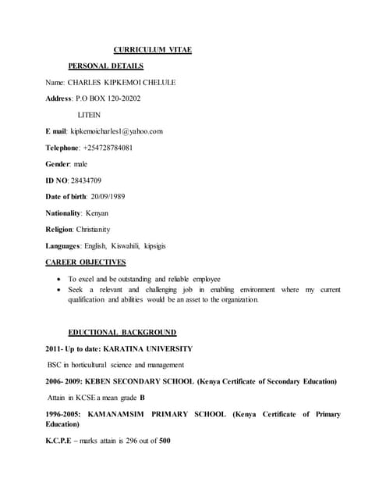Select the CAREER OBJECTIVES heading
(x=86, y=262)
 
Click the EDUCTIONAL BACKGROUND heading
(x=122, y=332)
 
